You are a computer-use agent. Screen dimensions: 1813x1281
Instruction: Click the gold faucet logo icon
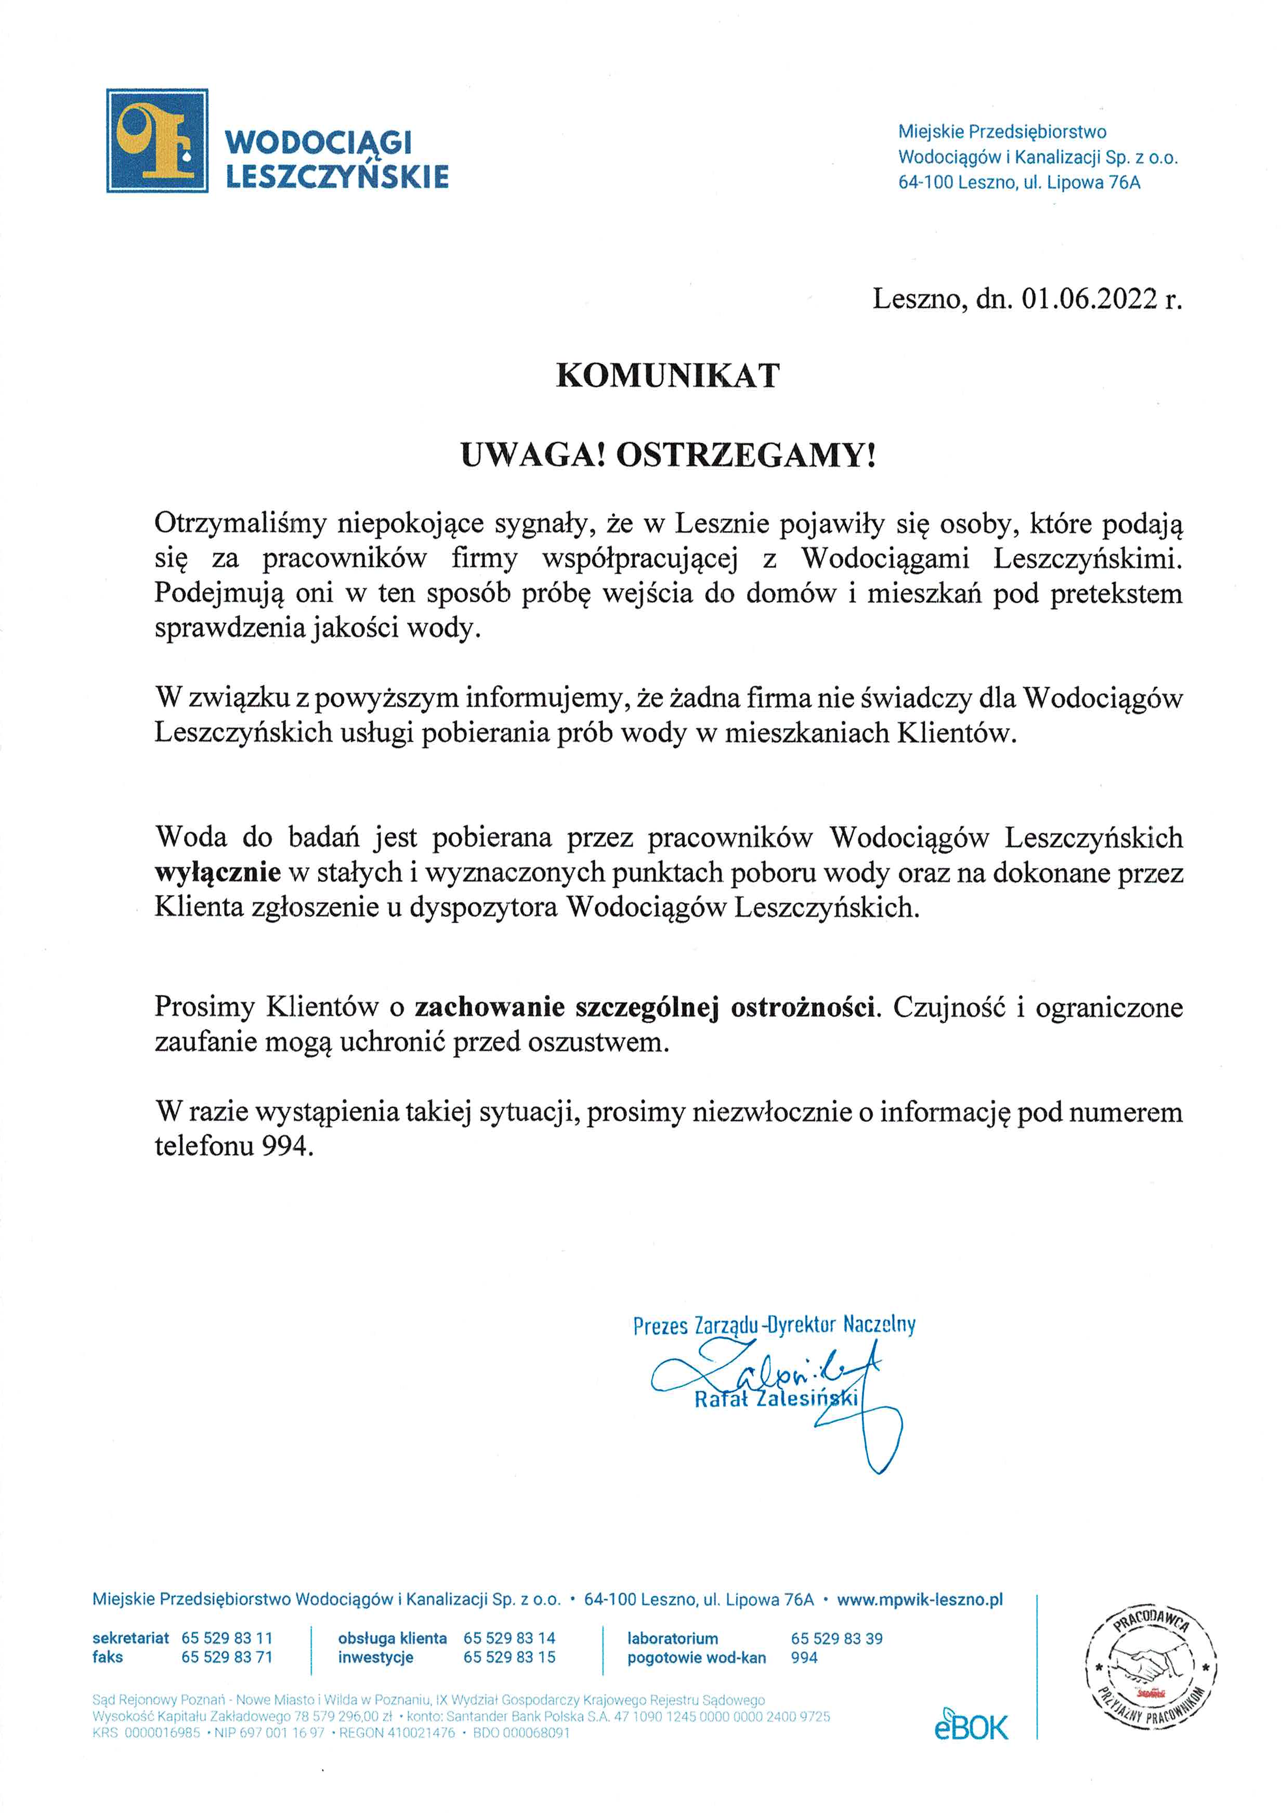click(x=157, y=140)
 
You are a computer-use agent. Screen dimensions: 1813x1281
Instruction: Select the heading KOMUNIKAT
click(x=668, y=376)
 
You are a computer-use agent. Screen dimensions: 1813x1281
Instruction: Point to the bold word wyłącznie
click(x=218, y=873)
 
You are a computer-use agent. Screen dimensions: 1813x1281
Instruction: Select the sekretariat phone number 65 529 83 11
click(x=227, y=1638)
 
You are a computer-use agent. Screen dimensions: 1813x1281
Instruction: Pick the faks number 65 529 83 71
click(x=227, y=1656)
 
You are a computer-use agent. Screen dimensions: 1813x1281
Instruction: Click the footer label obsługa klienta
click(x=393, y=1638)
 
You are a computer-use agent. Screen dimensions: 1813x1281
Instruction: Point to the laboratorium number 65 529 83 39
click(x=836, y=1638)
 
